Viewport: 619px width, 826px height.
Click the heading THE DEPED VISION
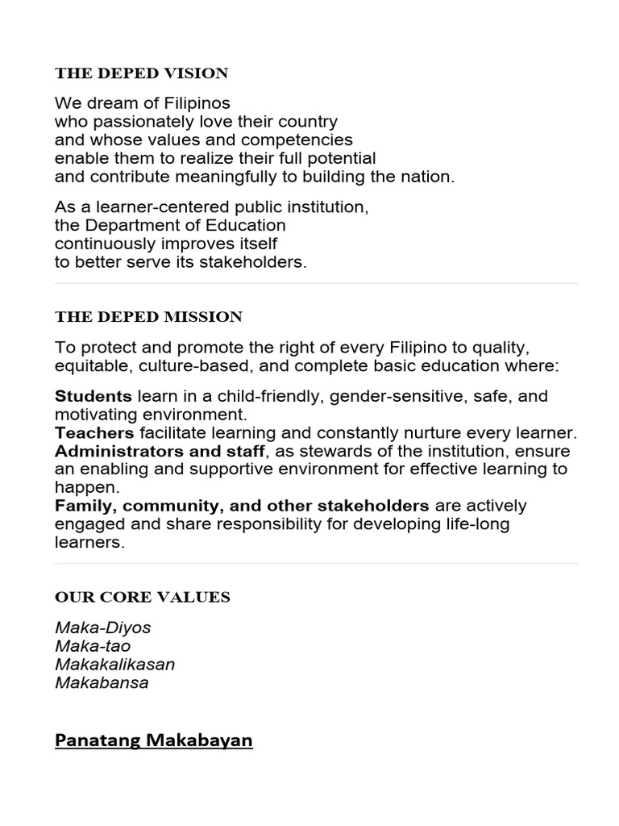click(141, 73)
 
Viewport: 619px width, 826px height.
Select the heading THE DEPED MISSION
click(148, 317)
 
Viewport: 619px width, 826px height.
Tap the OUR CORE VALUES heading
click(142, 597)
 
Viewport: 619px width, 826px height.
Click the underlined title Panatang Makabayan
click(153, 740)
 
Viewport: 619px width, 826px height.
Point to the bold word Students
click(93, 396)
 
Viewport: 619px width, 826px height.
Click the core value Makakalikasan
click(114, 665)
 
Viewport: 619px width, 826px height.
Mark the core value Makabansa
click(102, 683)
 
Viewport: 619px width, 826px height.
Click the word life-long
click(480, 524)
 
